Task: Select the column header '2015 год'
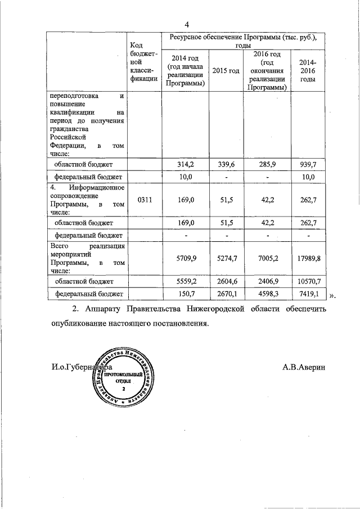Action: point(225,70)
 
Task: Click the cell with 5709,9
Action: point(185,258)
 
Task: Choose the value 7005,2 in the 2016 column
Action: point(267,258)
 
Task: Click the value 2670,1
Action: point(225,294)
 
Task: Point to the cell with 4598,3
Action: point(267,294)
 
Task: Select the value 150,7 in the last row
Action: point(185,294)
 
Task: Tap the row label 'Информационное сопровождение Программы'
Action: point(86,199)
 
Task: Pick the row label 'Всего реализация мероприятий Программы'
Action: point(86,258)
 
